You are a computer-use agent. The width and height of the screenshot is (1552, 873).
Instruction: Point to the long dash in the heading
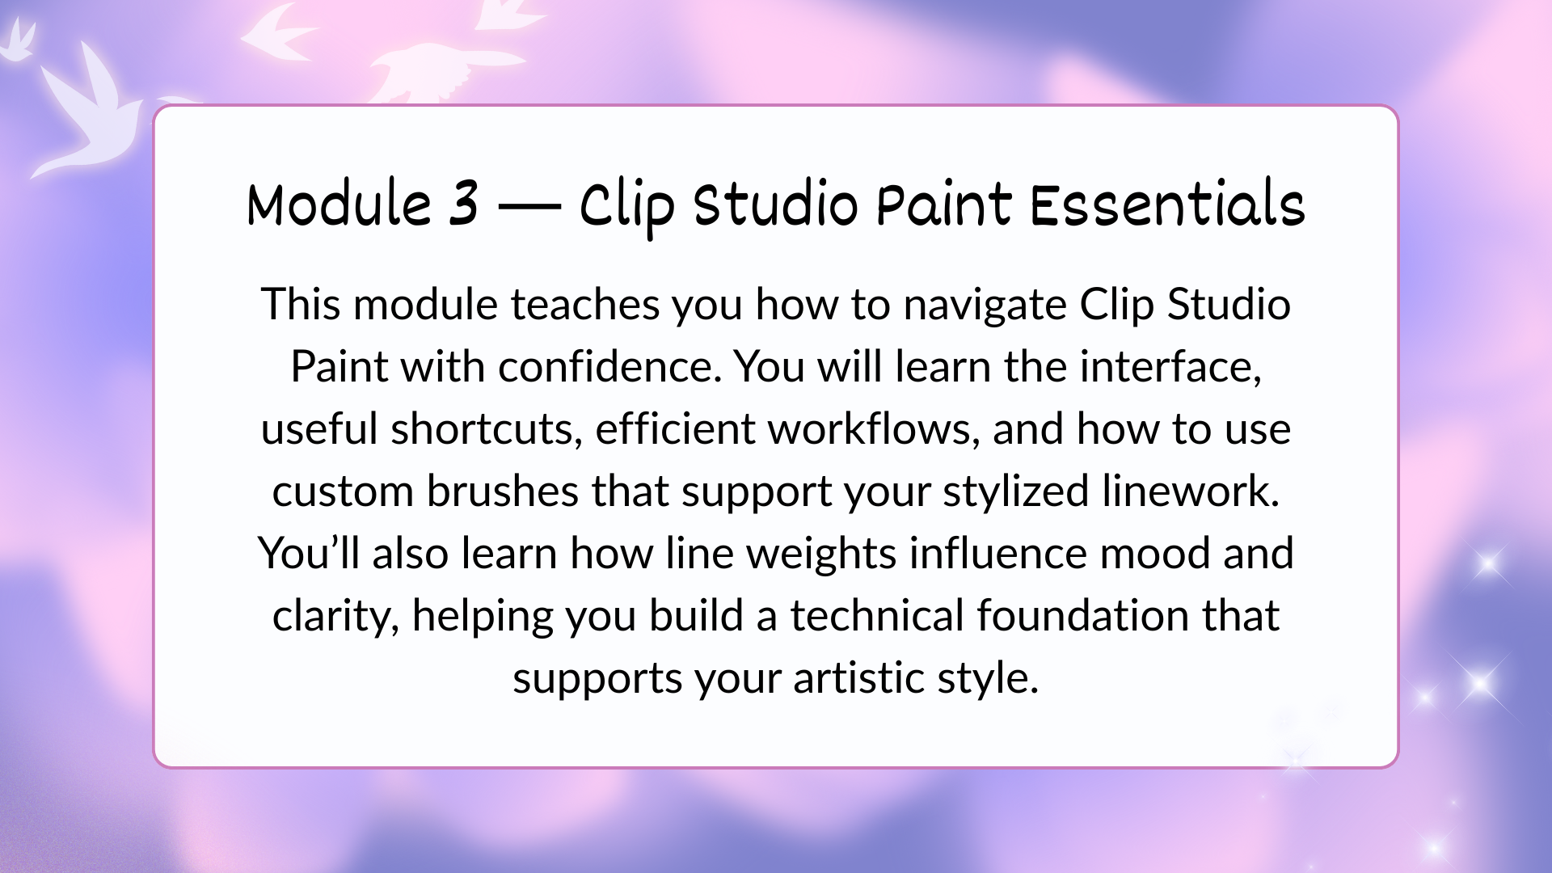(x=529, y=207)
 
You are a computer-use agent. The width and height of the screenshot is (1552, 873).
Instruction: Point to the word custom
(x=344, y=491)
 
